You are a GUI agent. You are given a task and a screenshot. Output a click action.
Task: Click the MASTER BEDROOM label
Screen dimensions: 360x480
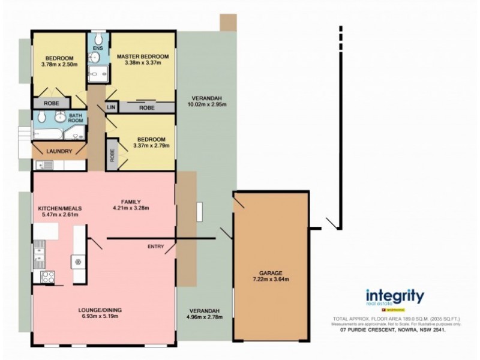click(142, 56)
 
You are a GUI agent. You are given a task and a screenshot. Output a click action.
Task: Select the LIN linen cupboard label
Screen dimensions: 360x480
click(110, 107)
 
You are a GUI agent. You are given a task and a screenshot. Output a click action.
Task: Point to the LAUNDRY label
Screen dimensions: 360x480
click(59, 151)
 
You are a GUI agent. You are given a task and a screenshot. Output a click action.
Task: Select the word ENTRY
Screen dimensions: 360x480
click(156, 246)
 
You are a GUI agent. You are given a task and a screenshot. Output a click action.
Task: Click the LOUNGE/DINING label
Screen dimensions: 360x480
click(100, 310)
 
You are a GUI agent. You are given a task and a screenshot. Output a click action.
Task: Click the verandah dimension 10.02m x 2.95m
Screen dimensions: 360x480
click(205, 104)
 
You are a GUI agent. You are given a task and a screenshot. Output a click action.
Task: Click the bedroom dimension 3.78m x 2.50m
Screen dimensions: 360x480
click(59, 64)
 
